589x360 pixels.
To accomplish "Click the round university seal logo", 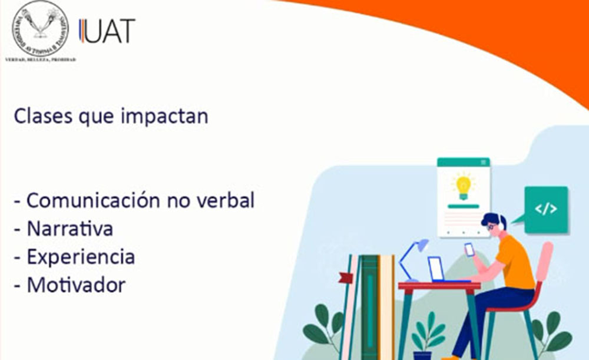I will point(40,28).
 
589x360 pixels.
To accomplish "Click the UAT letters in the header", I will point(108,31).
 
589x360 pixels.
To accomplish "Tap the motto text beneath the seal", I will point(40,60).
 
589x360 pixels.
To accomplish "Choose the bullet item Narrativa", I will point(70,229).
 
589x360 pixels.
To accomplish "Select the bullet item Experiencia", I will point(81,257).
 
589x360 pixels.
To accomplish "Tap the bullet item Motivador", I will point(76,285).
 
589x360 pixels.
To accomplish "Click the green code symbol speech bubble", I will point(545,209).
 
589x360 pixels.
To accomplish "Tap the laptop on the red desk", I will point(437,269).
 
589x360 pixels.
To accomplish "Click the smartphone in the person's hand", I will point(469,249).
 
